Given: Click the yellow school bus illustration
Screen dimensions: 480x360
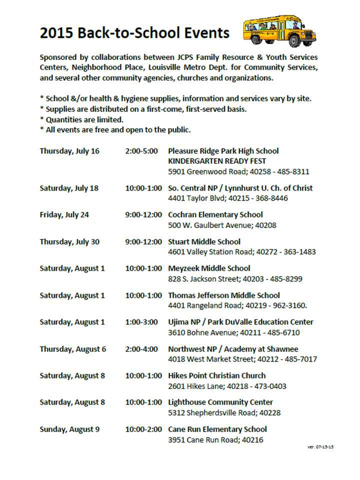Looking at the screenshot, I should [x=279, y=31].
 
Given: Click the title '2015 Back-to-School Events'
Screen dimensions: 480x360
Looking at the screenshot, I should [x=134, y=33].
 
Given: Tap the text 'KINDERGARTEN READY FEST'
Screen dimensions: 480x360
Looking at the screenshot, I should [x=217, y=161].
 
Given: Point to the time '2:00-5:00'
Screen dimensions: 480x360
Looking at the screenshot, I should [x=141, y=151].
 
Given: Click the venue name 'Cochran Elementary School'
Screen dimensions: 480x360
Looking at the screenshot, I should [x=215, y=215].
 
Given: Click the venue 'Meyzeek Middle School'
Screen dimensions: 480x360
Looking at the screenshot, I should [x=209, y=268].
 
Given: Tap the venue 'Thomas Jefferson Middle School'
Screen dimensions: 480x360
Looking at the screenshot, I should [x=223, y=295].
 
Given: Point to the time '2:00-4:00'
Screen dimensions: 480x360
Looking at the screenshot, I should [x=141, y=349].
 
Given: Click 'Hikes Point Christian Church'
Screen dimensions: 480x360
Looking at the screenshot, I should [x=216, y=375].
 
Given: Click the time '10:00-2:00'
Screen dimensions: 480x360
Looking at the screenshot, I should [x=143, y=429].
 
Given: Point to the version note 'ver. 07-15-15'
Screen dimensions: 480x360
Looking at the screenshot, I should [x=320, y=446].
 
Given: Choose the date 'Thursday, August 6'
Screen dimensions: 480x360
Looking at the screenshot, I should [x=73, y=349].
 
